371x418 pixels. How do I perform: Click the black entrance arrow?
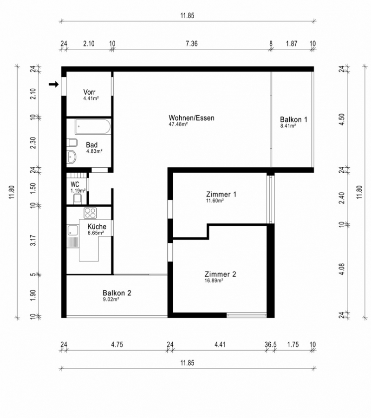53,85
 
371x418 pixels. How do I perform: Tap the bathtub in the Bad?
93,127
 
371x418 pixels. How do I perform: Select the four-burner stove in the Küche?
90,213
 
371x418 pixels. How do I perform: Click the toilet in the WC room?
77,199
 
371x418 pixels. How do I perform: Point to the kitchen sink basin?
73,230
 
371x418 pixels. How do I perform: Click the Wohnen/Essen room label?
191,118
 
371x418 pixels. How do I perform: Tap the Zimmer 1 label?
221,194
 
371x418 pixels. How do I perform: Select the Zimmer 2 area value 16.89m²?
214,281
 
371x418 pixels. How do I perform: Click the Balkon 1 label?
293,119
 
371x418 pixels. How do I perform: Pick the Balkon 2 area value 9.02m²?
111,299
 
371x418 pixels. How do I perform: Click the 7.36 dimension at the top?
192,44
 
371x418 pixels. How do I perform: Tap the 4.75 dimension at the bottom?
117,345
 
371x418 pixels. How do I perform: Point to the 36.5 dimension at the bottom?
271,345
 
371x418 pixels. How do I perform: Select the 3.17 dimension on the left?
33,240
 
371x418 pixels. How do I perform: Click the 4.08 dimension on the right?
342,269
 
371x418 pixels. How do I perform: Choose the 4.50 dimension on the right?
342,119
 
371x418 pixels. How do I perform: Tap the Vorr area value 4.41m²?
91,98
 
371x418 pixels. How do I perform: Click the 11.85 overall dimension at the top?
188,15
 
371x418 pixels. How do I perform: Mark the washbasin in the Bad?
72,157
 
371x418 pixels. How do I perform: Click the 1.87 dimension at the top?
292,44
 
